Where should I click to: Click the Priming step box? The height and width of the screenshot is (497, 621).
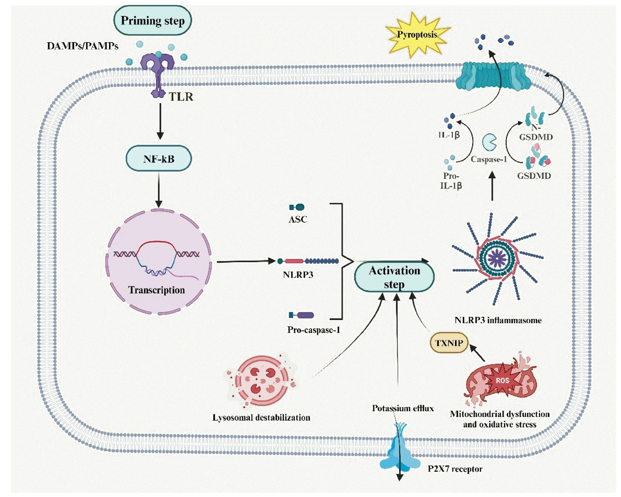(x=153, y=21)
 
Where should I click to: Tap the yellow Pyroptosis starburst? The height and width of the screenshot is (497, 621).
(x=417, y=35)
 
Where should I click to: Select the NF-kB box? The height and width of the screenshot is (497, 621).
(x=159, y=158)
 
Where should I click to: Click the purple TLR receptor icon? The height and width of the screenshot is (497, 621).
(x=158, y=75)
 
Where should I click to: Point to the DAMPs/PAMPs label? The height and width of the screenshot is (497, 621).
(x=82, y=46)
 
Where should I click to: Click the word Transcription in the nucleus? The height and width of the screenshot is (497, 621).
(x=156, y=290)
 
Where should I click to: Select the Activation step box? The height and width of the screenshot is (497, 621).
(x=394, y=278)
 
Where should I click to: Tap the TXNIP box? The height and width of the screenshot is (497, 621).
(x=449, y=343)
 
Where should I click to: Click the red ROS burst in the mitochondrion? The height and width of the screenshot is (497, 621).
(x=502, y=380)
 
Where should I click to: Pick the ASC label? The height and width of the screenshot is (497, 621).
(x=298, y=219)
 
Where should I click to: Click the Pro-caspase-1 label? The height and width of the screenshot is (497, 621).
(x=313, y=330)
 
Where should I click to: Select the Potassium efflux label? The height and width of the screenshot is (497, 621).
(x=403, y=408)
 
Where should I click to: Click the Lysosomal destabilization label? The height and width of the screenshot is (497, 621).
(x=261, y=417)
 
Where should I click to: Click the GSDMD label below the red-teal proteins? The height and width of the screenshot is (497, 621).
(x=534, y=176)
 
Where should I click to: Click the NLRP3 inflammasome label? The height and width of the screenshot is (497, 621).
(x=498, y=320)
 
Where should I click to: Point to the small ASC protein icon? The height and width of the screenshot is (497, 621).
(x=297, y=207)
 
